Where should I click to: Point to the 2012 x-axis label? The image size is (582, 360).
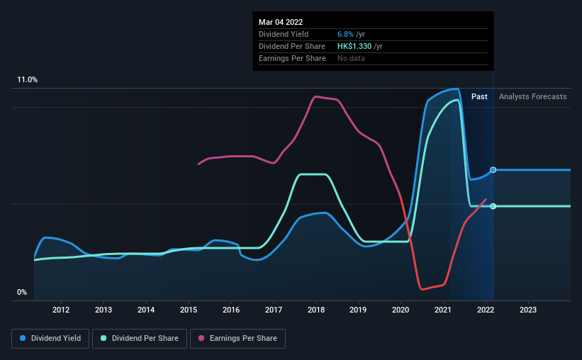click(x=61, y=310)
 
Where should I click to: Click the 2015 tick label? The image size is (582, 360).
click(x=189, y=310)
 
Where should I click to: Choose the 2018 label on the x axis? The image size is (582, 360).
click(x=316, y=310)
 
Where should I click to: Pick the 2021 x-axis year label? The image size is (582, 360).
click(x=443, y=310)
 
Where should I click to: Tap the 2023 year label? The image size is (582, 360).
click(x=528, y=310)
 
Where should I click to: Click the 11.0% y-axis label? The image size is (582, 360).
click(x=28, y=80)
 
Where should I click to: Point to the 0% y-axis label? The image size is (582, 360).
click(x=22, y=293)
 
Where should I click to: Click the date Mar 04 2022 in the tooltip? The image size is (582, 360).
click(x=281, y=22)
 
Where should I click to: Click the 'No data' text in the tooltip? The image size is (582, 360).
click(x=351, y=59)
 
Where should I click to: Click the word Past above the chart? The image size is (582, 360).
click(x=479, y=96)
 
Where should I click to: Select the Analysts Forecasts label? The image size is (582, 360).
click(x=532, y=96)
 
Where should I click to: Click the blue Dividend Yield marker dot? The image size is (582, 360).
click(x=493, y=170)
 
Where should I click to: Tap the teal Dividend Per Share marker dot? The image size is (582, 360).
click(x=493, y=206)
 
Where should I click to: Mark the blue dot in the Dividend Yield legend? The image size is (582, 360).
click(x=23, y=339)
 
